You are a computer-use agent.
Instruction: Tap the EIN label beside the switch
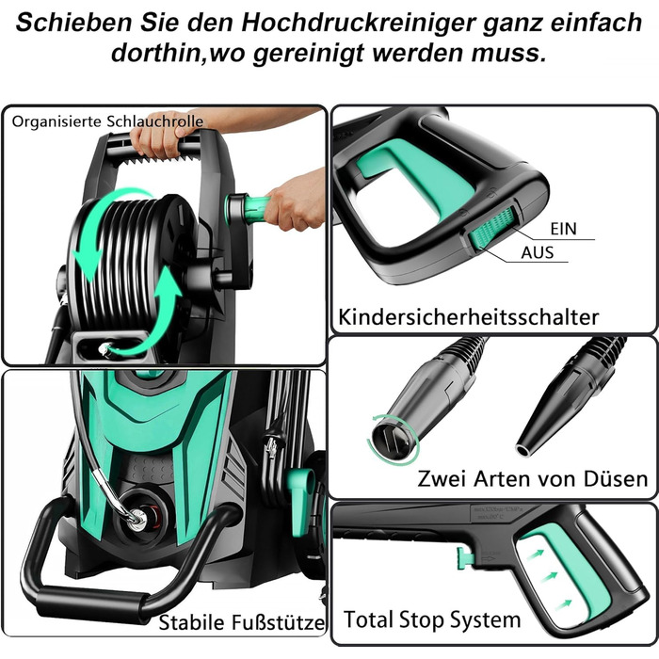point(564,229)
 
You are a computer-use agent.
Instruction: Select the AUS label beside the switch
point(538,252)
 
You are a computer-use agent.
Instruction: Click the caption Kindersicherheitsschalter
point(469,317)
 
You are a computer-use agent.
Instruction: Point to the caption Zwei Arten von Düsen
point(533,478)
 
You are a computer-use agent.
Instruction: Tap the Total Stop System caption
point(432,619)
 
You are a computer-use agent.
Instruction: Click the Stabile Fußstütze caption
point(242,622)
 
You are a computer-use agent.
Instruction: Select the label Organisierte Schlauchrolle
point(107,121)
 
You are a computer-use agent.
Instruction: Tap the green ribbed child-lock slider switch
point(491,228)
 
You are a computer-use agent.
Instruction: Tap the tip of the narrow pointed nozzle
point(523,450)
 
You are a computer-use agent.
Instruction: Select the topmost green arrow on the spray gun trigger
point(536,554)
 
